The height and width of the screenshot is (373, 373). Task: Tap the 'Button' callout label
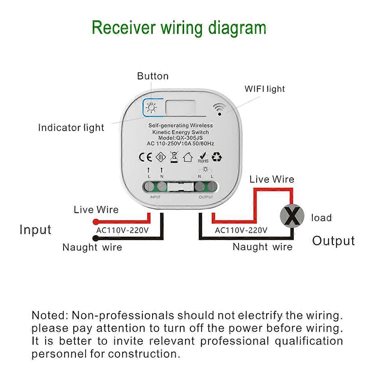153,76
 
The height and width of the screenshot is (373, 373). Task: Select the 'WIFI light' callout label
265,89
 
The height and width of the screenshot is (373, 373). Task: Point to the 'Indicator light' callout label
71,128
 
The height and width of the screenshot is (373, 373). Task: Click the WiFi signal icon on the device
219,109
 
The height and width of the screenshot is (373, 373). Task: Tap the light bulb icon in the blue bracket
151,107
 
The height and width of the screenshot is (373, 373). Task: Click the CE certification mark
145,157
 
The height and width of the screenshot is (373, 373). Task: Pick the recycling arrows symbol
217,157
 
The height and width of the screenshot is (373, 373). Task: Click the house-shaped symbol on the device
188,157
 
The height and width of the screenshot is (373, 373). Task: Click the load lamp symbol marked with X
292,216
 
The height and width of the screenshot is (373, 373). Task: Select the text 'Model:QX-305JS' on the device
180,138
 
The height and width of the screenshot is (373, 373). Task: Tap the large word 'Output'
333,241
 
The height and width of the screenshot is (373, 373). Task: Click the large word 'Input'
35,230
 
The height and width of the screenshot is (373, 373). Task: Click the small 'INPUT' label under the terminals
155,197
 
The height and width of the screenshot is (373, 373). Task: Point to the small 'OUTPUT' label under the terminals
205,197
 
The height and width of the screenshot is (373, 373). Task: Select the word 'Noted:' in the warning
50,315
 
